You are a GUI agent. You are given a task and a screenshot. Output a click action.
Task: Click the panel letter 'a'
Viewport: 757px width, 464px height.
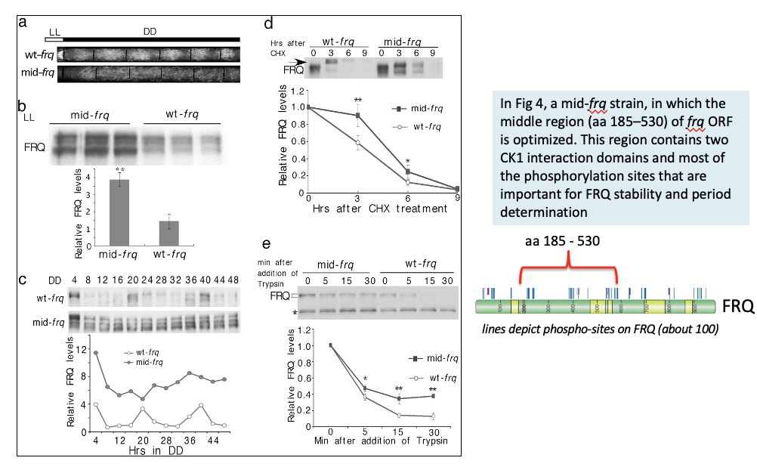coord(23,22)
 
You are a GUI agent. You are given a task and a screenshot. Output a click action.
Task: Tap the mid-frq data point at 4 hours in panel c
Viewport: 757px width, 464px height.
coord(96,352)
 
